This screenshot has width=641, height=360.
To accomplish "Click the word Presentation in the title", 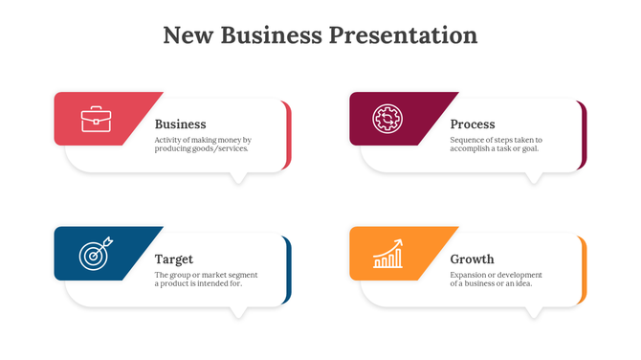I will [403, 35].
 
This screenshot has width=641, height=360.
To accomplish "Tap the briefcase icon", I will [96, 120].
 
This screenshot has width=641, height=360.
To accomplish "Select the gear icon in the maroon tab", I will [387, 119].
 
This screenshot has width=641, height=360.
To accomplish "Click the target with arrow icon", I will [95, 254].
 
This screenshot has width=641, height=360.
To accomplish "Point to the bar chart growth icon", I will [387, 254].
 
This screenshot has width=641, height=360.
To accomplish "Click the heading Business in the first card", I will [180, 124].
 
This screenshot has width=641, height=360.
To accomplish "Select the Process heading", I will [472, 124].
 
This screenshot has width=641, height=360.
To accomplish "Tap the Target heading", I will [173, 259].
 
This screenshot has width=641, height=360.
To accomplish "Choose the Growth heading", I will [472, 259].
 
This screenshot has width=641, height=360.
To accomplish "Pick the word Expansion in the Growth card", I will [469, 275].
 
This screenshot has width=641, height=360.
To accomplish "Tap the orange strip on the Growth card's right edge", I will [584, 271].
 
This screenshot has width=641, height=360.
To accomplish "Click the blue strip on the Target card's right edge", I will [288, 271].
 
